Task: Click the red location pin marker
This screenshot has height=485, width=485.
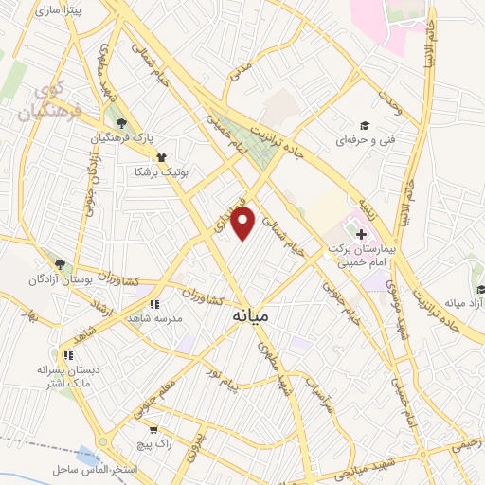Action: pyautogui.click(x=244, y=224)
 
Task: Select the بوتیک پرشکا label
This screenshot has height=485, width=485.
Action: pyautogui.click(x=156, y=172)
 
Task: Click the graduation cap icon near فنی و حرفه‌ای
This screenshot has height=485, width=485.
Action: pyautogui.click(x=363, y=126)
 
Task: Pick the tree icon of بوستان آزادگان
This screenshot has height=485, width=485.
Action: pyautogui.click(x=62, y=264)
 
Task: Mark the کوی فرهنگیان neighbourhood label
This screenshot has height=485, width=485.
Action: pyautogui.click(x=47, y=104)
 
